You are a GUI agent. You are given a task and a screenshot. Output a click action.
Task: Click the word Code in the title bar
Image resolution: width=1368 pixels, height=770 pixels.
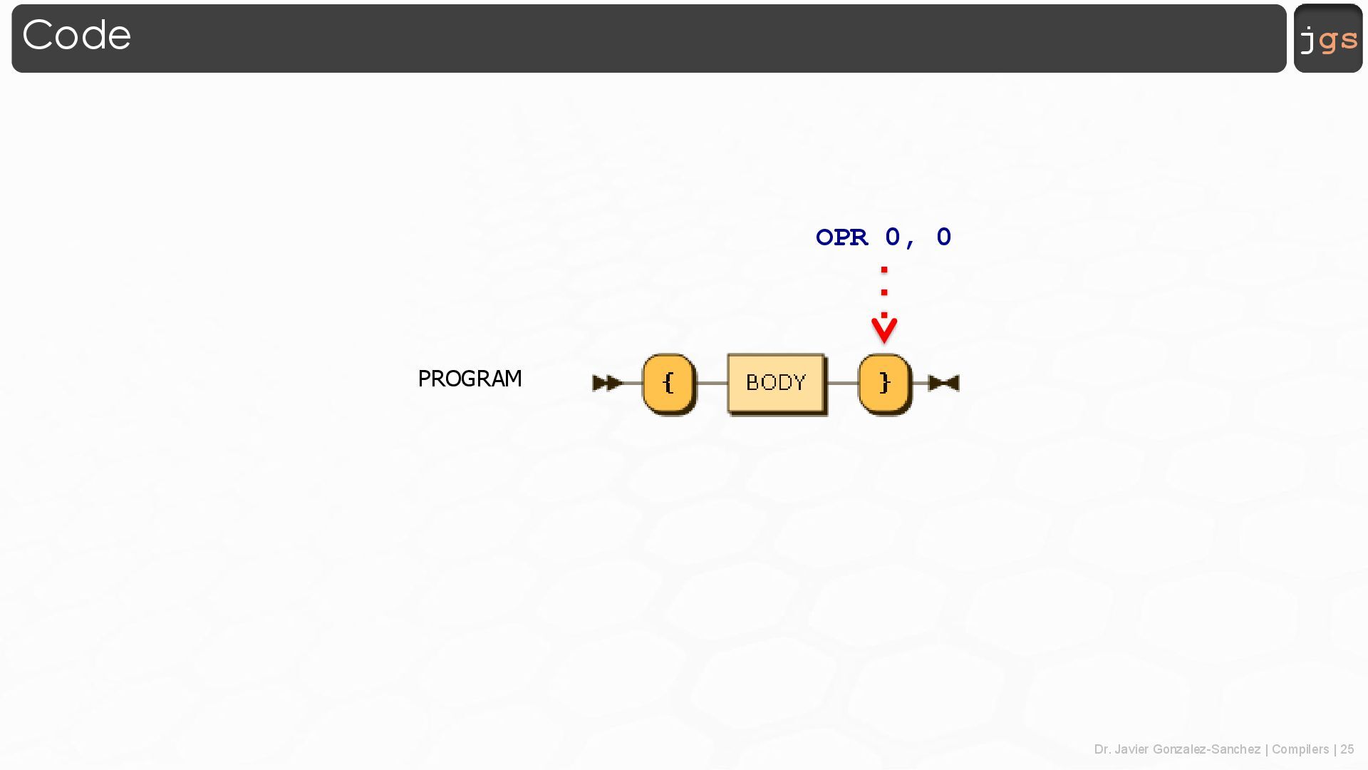pos(76,35)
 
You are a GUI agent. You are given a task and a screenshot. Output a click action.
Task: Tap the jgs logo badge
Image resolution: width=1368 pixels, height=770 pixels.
pos(1327,38)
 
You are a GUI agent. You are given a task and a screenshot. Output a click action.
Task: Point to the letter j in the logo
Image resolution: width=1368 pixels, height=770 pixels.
pos(1307,40)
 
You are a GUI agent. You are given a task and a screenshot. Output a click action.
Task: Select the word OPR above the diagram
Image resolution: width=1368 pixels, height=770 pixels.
pos(841,237)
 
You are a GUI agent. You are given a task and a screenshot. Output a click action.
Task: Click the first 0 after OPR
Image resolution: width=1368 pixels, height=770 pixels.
pos(893,237)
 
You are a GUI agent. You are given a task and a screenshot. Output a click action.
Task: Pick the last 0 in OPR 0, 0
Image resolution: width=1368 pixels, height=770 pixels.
pos(944,237)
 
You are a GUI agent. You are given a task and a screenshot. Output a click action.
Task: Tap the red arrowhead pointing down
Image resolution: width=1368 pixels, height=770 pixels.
pos(884,331)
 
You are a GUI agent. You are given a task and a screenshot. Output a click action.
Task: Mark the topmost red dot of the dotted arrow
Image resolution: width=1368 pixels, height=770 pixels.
pos(884,269)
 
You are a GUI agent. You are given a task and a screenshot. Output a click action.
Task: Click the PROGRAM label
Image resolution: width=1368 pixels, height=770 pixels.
pos(470,379)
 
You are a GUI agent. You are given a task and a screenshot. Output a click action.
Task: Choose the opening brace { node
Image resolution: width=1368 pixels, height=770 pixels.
pos(668,384)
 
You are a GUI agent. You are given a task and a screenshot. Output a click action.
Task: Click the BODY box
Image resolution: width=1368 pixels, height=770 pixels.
pos(776,384)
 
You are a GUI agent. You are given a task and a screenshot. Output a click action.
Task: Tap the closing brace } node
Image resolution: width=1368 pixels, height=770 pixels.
pos(884,384)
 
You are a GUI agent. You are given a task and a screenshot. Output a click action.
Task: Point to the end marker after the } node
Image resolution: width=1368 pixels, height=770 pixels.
pos(945,384)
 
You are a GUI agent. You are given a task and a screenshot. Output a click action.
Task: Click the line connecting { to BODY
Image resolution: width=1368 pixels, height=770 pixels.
pos(711,384)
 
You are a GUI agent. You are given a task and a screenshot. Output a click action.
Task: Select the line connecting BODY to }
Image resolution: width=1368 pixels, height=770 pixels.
pos(842,384)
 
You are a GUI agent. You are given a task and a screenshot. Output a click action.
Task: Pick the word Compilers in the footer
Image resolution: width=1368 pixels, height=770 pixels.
pos(1300,749)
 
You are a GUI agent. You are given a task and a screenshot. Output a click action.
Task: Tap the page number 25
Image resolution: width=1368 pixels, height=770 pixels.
pos(1347,749)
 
